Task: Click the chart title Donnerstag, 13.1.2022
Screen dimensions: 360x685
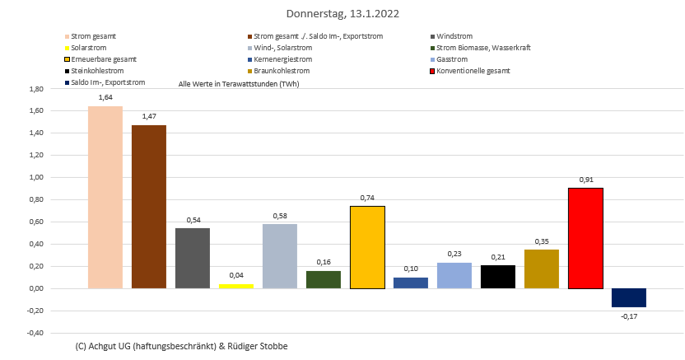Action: coord(342,14)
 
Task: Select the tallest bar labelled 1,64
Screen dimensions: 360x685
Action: coord(105,198)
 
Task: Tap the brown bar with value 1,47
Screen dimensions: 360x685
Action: coord(149,207)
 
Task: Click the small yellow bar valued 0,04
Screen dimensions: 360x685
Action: coord(236,286)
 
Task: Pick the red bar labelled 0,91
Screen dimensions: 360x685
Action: coord(585,238)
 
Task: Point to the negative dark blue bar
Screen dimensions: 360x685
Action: coord(629,297)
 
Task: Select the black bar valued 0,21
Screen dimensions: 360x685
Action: coord(498,277)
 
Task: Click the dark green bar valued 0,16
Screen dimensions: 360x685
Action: coord(324,279)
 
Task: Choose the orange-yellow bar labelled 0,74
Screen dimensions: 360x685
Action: coord(367,247)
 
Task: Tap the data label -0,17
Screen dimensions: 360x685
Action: coord(629,316)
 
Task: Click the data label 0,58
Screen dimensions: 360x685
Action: coord(280,216)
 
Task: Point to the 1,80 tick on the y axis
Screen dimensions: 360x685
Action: coord(35,89)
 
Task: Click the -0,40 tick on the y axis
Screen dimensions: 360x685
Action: coord(34,333)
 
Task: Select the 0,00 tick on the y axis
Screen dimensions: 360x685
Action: coord(35,288)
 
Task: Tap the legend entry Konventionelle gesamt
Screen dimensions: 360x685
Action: coord(473,71)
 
